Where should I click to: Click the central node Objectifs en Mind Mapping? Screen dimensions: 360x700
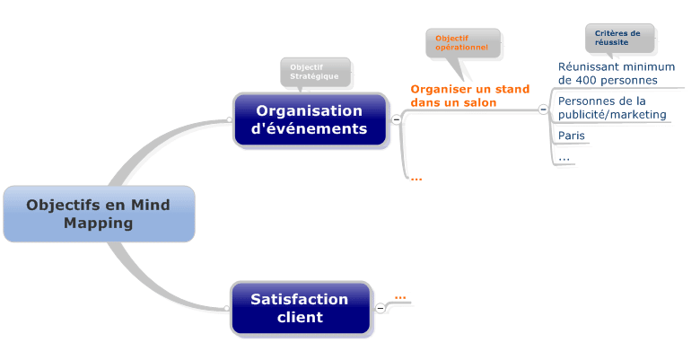pos(99,214)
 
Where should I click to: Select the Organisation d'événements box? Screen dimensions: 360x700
pos(310,119)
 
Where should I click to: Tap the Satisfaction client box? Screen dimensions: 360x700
pos(300,308)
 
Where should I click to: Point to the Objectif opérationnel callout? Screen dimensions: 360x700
pos(462,42)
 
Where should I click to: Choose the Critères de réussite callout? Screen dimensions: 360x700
pos(618,38)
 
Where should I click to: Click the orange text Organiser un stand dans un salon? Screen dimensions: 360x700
pos(469,96)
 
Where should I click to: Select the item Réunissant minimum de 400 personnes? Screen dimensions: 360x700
pos(616,73)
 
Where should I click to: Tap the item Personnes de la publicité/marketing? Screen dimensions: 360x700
pos(612,108)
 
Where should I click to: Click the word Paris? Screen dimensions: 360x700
pos(572,136)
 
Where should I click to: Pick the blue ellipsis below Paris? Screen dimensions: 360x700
pos(564,158)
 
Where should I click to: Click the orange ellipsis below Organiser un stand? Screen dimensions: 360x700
pos(416,178)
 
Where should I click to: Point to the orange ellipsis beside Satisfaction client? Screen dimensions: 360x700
pos(400,296)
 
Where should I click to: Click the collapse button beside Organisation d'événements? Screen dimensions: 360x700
pos(396,120)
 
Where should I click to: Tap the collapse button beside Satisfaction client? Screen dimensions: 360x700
pos(380,308)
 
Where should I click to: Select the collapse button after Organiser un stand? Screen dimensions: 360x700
pos(543,110)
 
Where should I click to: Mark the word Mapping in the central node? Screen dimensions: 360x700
pos(99,224)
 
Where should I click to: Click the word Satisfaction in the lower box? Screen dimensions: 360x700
pos(299,299)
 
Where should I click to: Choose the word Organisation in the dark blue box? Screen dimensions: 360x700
pos(310,110)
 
